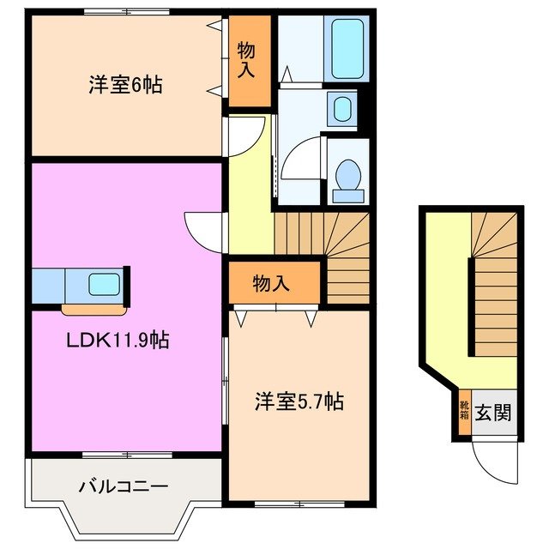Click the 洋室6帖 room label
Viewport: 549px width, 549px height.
(x=125, y=85)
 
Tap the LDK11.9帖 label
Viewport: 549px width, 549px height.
(x=118, y=341)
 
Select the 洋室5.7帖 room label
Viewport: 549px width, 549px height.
(x=299, y=401)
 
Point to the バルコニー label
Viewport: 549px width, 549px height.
(x=124, y=486)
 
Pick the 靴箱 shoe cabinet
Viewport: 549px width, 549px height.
(x=464, y=412)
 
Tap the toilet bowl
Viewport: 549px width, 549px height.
(x=348, y=178)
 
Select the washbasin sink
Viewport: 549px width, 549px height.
(x=342, y=111)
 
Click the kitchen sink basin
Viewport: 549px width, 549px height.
(x=103, y=282)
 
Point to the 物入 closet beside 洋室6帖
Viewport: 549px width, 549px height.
(x=247, y=60)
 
